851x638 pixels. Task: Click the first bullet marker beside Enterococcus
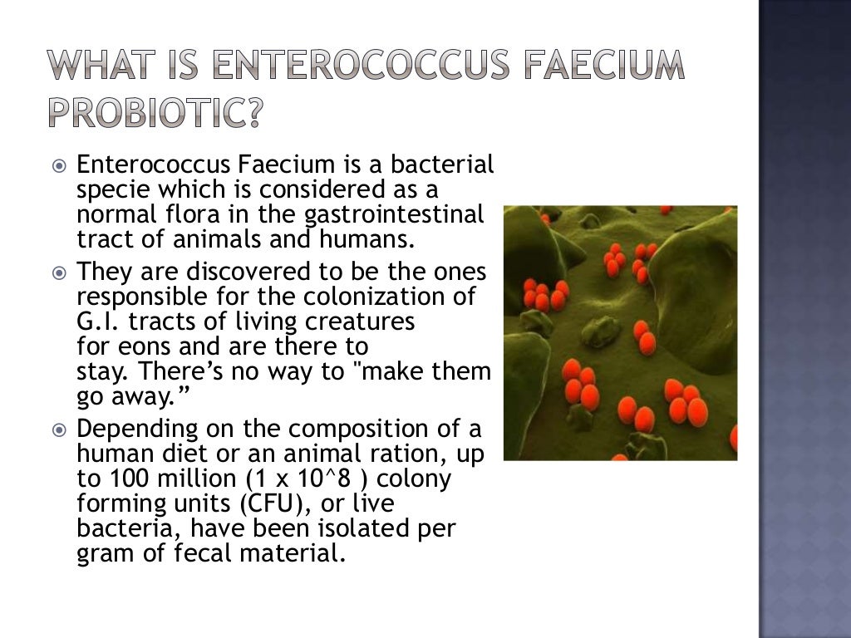pyautogui.click(x=58, y=165)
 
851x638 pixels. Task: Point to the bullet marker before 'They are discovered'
pyautogui.click(x=58, y=272)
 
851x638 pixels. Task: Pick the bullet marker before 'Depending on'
pyautogui.click(x=58, y=430)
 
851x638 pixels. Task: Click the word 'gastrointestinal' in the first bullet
pyautogui.click(x=394, y=215)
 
